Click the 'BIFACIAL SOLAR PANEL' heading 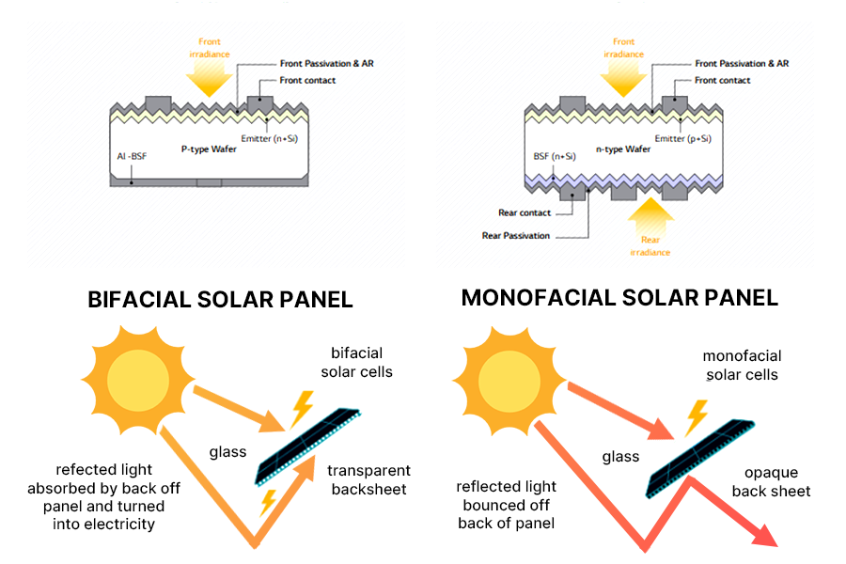pos(220,300)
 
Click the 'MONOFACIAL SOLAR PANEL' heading pos(619,298)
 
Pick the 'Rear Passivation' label pos(515,236)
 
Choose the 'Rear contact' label pos(525,213)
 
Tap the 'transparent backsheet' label pos(368,478)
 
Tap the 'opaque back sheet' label pos(777,482)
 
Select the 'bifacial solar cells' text pos(356,362)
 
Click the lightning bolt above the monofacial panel pos(696,414)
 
